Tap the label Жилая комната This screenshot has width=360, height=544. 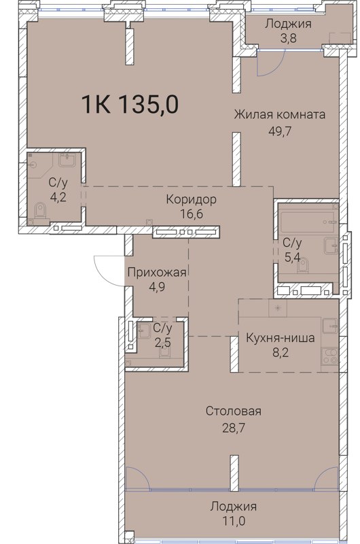[x=279, y=114]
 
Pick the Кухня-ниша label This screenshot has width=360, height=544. [x=281, y=338]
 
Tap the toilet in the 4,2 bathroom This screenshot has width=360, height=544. [x=39, y=214]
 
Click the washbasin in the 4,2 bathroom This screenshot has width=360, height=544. [x=67, y=161]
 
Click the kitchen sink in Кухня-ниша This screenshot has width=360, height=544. [x=329, y=326]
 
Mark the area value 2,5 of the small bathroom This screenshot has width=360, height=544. [x=162, y=341]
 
